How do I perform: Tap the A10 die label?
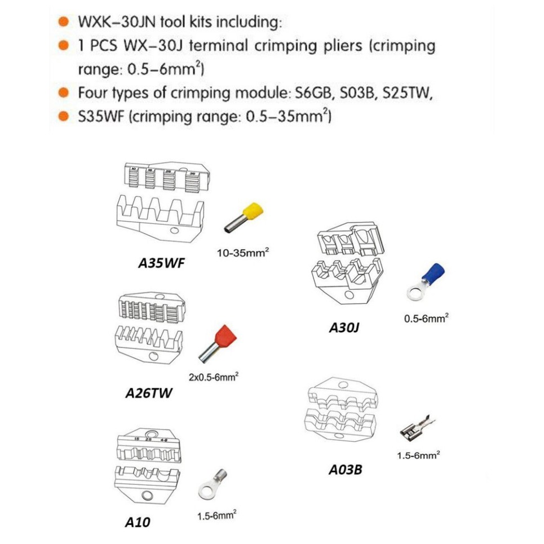click(x=138, y=523)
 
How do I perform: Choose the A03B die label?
click(x=346, y=468)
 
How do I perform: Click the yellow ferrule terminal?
click(x=240, y=219)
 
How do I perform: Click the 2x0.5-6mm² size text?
click(x=213, y=377)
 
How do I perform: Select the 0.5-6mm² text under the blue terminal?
click(x=426, y=319)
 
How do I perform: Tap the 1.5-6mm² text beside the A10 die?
click(x=216, y=514)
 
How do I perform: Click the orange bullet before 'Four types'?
click(x=65, y=92)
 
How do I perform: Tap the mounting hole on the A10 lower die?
click(x=148, y=496)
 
